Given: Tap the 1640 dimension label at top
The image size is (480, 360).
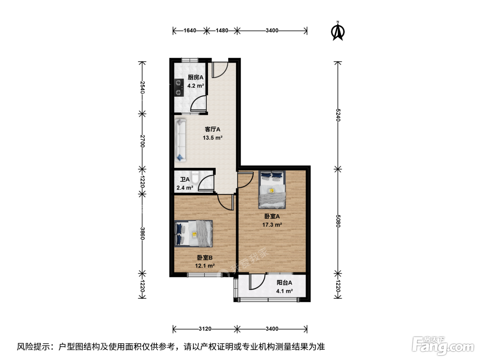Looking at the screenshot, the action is [190, 31].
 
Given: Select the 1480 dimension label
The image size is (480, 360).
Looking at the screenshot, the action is [222, 31].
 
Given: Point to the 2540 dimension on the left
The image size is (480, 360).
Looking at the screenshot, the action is [142, 87].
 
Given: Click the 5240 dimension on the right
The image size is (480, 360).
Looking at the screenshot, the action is [338, 115].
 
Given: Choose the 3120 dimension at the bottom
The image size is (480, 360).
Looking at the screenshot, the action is [205, 329].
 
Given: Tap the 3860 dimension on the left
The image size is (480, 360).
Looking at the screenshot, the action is [142, 233].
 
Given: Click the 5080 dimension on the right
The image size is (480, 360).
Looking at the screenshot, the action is [338, 221].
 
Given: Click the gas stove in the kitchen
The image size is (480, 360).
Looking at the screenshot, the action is [179, 88].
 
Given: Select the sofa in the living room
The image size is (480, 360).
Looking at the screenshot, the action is [180, 140].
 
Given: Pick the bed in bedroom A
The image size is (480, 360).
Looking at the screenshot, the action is [272, 190].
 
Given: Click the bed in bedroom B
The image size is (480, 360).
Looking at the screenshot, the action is [193, 234].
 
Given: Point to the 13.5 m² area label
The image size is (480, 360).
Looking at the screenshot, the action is [213, 138].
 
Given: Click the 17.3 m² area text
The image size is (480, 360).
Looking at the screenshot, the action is [272, 225].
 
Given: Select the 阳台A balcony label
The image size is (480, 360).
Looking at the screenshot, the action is [284, 283].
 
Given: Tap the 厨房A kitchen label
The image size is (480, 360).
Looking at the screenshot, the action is [195, 77].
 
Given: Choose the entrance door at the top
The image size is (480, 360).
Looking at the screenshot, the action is [220, 70].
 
